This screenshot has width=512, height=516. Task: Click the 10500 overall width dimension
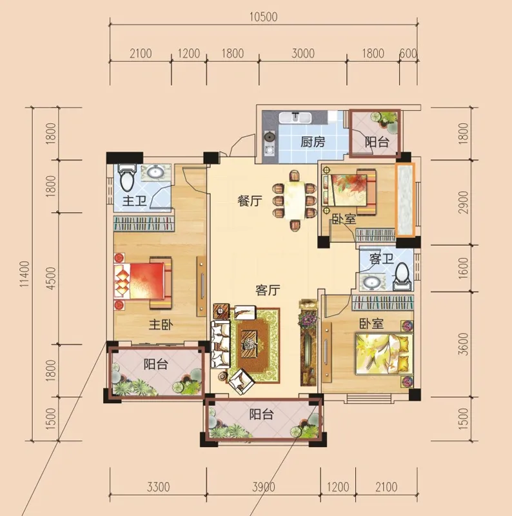263,17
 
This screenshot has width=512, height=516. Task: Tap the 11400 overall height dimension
25,273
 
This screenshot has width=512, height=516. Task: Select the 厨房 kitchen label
313,142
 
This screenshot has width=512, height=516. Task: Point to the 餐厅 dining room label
250,201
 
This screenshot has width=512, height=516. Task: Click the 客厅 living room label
268,290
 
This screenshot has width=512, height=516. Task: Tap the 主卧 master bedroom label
161,325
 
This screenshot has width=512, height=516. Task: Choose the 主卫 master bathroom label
134,201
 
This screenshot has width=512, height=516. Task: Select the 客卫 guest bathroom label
381,259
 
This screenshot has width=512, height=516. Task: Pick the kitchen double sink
295,117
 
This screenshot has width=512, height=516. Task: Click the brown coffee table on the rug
251,342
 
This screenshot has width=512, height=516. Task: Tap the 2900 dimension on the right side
462,203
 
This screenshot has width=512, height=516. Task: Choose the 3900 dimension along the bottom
264,487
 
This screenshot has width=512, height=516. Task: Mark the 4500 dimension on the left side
51,279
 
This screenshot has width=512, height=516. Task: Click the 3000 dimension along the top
302,53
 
